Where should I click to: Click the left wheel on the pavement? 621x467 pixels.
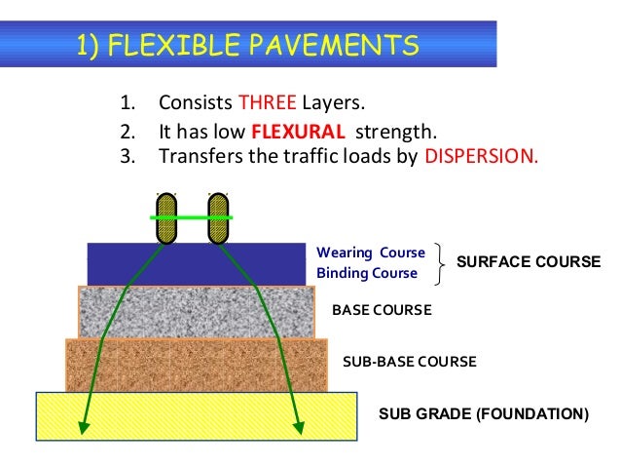[x=166, y=217]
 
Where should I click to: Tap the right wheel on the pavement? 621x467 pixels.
[x=218, y=217]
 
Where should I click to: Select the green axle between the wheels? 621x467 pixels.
[x=193, y=218]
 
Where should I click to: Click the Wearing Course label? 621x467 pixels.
[x=371, y=253]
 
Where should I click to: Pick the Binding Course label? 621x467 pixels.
[x=367, y=273]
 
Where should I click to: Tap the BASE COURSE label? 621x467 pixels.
[x=382, y=310]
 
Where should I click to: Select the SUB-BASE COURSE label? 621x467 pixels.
[x=410, y=362]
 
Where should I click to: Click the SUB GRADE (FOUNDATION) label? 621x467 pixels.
[x=483, y=413]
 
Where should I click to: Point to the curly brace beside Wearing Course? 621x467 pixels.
[x=444, y=262]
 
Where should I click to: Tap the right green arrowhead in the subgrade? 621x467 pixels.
[x=298, y=426]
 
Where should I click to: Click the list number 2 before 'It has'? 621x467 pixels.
[x=126, y=132]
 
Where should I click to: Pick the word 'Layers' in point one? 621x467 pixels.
[x=344, y=103]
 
